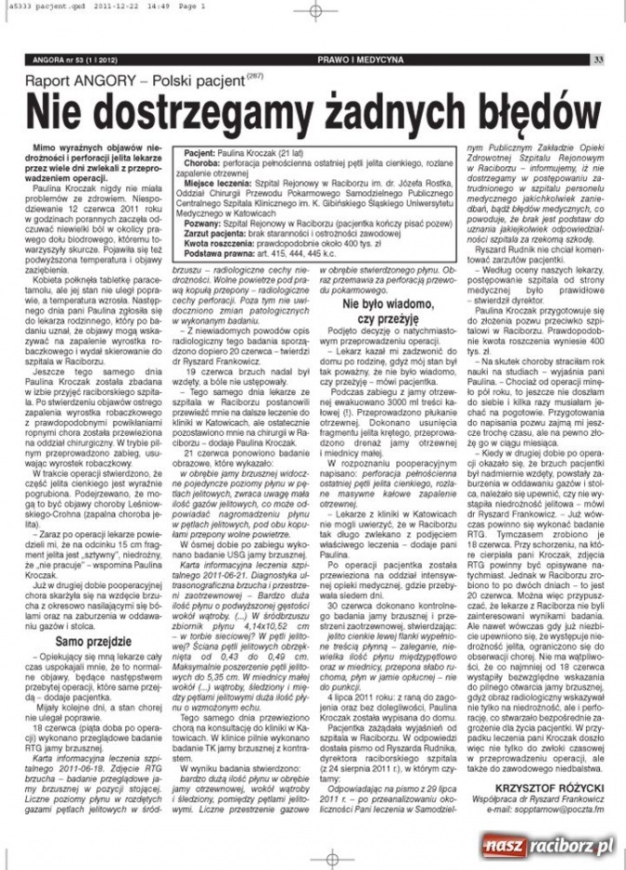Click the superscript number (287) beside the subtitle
coord(255,78)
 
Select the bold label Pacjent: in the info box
coord(202,148)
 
